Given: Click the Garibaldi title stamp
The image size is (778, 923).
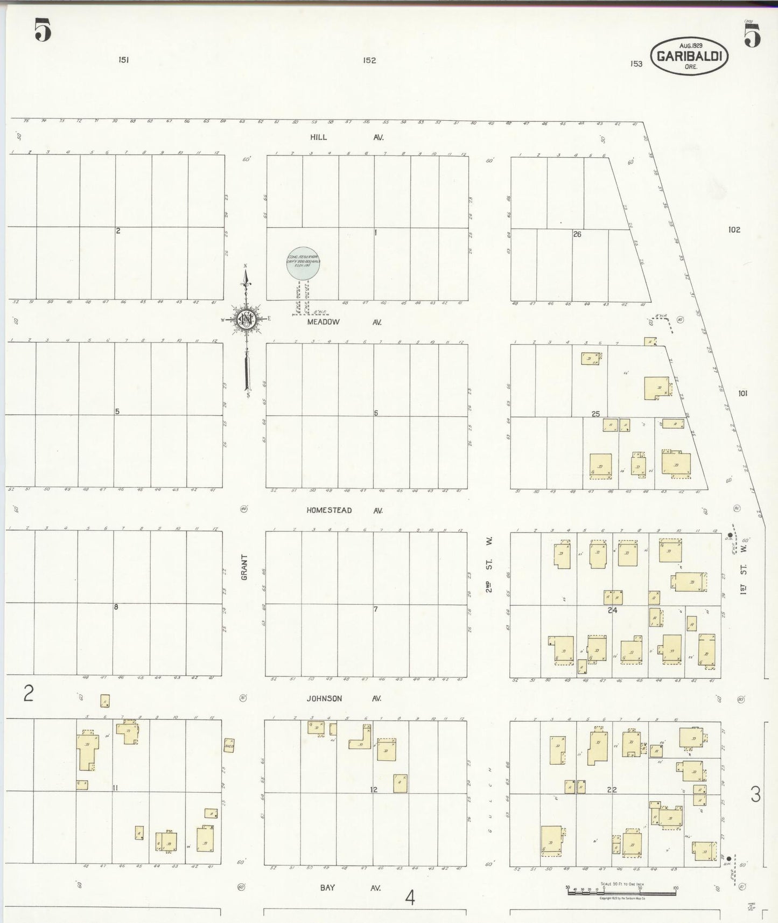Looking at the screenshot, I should [689, 56].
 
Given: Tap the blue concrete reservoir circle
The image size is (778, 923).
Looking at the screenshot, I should [303, 263].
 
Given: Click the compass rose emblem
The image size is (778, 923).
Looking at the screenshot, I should [246, 319].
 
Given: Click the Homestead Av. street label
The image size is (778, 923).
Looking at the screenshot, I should [344, 510].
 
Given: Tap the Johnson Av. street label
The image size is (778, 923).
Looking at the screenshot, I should [344, 698].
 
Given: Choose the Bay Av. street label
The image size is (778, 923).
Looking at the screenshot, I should [344, 887].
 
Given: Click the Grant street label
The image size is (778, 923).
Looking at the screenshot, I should [244, 567].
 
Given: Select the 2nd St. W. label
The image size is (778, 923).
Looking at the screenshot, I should [489, 564].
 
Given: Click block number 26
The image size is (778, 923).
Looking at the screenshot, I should [577, 234].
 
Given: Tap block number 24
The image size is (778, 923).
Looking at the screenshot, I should [612, 610].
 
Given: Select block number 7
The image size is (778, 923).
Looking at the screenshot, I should [376, 609].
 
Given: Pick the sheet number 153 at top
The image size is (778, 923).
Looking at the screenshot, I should [636, 64].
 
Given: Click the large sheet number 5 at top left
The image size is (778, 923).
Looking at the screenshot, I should [43, 30].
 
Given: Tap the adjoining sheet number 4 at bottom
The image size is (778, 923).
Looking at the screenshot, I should [410, 897].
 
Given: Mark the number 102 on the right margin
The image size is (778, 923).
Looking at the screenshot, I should [734, 230].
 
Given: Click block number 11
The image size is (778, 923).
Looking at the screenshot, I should [115, 788].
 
